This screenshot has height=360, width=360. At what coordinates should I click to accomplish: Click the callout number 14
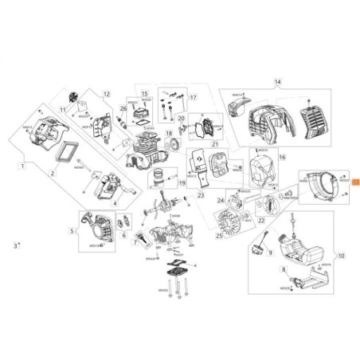pos(277,82)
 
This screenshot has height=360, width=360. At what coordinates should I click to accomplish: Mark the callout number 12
pos(104,94)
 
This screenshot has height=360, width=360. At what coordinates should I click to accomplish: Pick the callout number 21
pos(214,143)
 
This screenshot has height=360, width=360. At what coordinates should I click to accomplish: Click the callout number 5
pos(72,232)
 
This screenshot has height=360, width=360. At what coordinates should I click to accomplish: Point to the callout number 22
pos(261,219)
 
